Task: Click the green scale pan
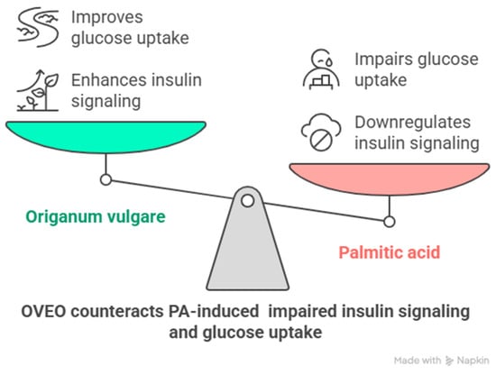coord(106,134)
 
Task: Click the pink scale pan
coord(390,177)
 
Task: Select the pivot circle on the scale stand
coord(248,200)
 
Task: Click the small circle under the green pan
coord(106,179)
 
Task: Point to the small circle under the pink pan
coord(390,222)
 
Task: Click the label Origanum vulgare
coord(96,217)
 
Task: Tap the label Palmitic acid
coord(390,252)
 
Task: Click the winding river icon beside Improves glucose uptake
coord(38,28)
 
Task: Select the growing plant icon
coord(38,90)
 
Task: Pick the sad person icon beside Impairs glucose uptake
coord(321,69)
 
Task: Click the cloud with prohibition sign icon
coord(321,133)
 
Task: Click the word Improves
coord(107,18)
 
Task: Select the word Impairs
coord(382,60)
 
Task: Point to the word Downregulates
coord(412,123)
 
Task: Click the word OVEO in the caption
coord(43,311)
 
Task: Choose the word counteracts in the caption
coord(116,311)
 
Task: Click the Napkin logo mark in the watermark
coord(449,361)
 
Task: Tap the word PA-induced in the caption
coord(214,311)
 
